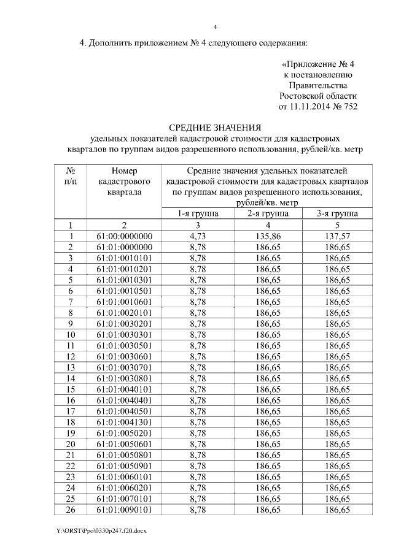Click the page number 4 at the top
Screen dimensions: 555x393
tap(215, 26)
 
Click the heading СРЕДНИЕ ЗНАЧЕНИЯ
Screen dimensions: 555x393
tap(211, 128)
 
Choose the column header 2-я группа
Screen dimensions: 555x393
tap(268, 213)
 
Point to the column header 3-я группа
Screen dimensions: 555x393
tap(338, 213)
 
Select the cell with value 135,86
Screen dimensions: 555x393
tap(268, 236)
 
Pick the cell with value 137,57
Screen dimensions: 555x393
tap(338, 236)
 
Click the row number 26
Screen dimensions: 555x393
tap(71, 510)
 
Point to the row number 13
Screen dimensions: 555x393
tap(71, 367)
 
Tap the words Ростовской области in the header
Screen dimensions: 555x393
tap(317, 96)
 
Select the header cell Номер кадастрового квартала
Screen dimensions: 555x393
tap(125, 181)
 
